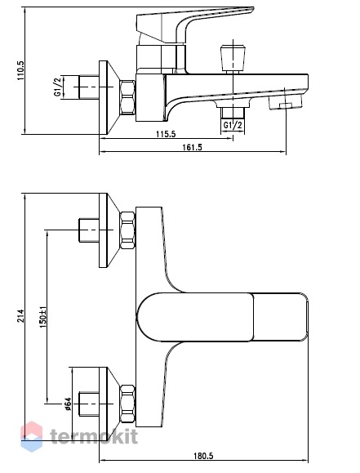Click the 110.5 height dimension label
click(x=20, y=70)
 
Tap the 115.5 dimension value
click(x=166, y=134)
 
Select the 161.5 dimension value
click(x=193, y=147)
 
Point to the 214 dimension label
click(x=20, y=315)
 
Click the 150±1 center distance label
click(x=42, y=317)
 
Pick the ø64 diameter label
click(x=67, y=404)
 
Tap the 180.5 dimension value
click(x=203, y=456)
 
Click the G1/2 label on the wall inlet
click(x=58, y=87)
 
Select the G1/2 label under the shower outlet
click(x=233, y=125)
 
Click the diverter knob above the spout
click(x=233, y=59)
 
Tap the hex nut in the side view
click(x=127, y=97)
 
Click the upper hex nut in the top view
click(x=127, y=230)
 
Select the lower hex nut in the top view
click(x=127, y=404)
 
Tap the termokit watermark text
click(x=94, y=436)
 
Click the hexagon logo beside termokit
click(x=31, y=436)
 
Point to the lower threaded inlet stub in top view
click(x=89, y=404)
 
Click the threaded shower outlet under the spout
click(x=233, y=112)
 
